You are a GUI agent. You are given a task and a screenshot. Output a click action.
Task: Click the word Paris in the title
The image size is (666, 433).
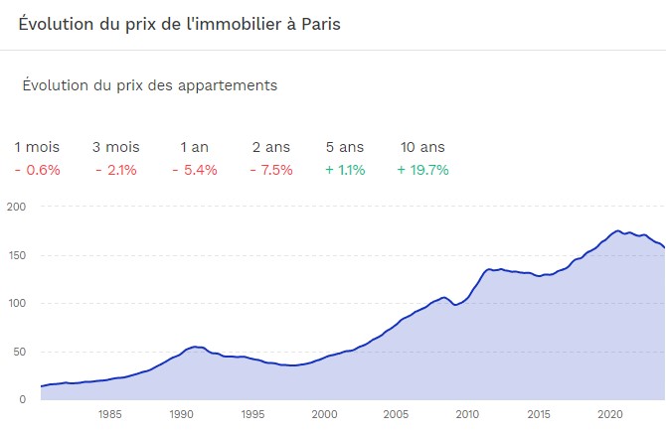click(x=317, y=24)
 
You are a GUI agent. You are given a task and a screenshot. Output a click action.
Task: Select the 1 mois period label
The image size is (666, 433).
click(x=37, y=147)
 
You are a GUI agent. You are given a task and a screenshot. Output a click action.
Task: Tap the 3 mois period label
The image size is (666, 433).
click(x=115, y=147)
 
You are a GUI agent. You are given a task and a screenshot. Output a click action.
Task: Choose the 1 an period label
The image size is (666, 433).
click(x=194, y=147)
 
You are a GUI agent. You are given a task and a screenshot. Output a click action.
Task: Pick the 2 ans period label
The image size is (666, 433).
click(x=271, y=147)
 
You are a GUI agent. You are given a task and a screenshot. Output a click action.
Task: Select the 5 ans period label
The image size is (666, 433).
click(x=344, y=147)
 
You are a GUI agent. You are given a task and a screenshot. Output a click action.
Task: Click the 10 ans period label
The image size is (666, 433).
click(x=421, y=147)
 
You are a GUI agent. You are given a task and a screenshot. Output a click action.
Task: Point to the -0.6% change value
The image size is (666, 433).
click(x=37, y=170)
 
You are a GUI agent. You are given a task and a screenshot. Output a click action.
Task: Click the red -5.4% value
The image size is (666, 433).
click(x=194, y=170)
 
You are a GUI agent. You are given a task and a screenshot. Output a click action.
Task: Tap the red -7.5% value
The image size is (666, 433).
click(x=270, y=170)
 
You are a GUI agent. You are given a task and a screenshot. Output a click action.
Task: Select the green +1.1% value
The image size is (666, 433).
click(x=345, y=170)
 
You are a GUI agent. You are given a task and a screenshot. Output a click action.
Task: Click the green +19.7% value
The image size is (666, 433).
click(x=422, y=170)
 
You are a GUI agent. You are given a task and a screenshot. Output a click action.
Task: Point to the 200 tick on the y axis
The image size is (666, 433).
click(x=16, y=207)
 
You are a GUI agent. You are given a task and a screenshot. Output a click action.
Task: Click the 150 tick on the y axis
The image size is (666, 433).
click(x=16, y=255)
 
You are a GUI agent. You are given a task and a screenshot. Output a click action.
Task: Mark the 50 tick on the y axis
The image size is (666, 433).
click(x=19, y=352)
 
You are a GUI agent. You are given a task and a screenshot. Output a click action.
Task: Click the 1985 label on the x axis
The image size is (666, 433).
click(x=109, y=414)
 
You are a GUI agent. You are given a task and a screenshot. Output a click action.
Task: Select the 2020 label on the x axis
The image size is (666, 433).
click(x=609, y=414)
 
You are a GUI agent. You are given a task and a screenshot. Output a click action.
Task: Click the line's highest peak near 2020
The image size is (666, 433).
click(x=617, y=230)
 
